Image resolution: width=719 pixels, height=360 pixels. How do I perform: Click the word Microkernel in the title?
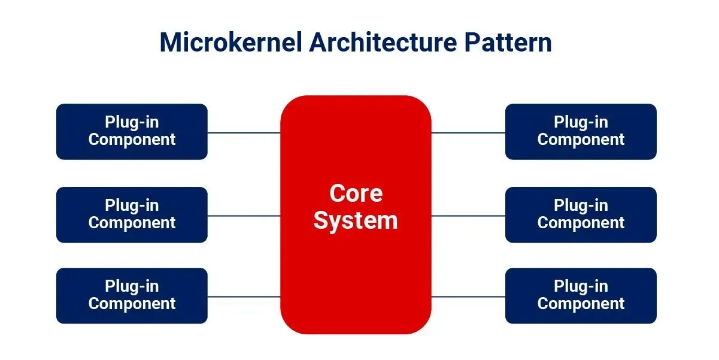pyautogui.click(x=231, y=43)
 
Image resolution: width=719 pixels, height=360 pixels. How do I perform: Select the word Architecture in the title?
pyautogui.click(x=383, y=43)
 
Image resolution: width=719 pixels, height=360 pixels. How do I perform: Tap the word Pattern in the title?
pyautogui.click(x=508, y=43)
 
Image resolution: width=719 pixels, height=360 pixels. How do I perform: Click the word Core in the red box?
pyautogui.click(x=356, y=193)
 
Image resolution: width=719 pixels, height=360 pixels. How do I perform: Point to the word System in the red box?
pyautogui.click(x=356, y=221)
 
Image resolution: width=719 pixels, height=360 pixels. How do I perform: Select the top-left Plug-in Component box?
pyautogui.click(x=132, y=132)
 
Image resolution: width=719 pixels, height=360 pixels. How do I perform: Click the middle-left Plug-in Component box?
pyautogui.click(x=132, y=215)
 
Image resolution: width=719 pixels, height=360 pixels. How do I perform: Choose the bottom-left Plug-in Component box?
pyautogui.click(x=132, y=296)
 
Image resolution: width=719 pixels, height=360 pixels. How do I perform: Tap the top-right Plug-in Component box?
pyautogui.click(x=581, y=132)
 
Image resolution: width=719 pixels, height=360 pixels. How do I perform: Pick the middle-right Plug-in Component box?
pyautogui.click(x=581, y=215)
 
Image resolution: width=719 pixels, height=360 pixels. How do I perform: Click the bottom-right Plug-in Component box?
pyautogui.click(x=581, y=296)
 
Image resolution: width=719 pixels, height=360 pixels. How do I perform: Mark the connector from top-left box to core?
pyautogui.click(x=244, y=132)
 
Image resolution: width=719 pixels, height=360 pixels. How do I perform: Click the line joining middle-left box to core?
pyautogui.click(x=244, y=216)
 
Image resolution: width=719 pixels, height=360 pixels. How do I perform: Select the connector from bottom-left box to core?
pyautogui.click(x=244, y=297)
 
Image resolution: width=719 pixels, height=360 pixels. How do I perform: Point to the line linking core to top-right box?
pyautogui.click(x=468, y=132)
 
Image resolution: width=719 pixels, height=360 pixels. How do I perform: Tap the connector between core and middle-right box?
pyautogui.click(x=468, y=216)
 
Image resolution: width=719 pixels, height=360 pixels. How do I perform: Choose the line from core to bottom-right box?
pyautogui.click(x=468, y=297)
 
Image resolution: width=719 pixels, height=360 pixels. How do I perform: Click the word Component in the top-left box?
pyautogui.click(x=132, y=140)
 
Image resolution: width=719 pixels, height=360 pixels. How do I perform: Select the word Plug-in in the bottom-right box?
pyautogui.click(x=581, y=286)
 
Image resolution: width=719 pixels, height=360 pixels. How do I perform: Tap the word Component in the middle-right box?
pyautogui.click(x=581, y=223)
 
